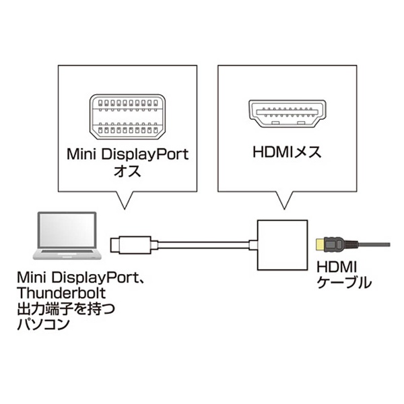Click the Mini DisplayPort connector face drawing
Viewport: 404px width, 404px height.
point(127,116)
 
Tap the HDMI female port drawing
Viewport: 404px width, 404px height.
point(288,113)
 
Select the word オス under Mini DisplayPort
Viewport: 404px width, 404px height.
point(127,171)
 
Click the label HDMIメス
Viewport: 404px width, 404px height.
point(287,152)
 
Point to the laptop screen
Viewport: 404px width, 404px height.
point(67,230)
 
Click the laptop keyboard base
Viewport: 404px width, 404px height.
point(67,254)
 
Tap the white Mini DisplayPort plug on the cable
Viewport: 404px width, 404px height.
point(131,244)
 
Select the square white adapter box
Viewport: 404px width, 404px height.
point(282,245)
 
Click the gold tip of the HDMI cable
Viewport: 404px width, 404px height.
point(321,244)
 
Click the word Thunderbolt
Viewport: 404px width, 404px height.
point(61,293)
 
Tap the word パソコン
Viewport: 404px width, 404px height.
point(43,324)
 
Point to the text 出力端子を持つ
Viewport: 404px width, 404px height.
point(66,308)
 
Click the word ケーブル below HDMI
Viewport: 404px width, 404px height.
point(344,282)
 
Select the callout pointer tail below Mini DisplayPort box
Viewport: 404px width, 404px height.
point(125,200)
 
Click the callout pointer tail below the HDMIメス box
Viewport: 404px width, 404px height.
point(284,200)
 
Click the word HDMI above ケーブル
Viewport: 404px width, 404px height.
point(337,267)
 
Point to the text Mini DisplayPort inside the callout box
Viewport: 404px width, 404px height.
point(127,155)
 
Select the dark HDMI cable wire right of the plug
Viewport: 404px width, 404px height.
point(374,244)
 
